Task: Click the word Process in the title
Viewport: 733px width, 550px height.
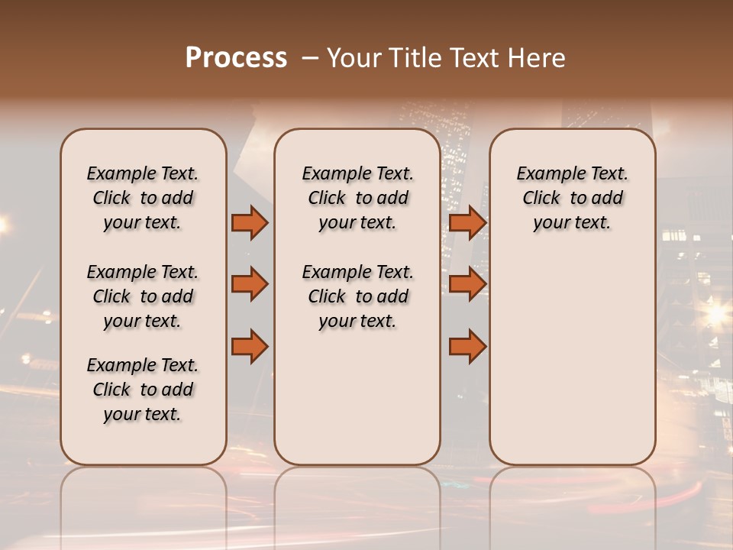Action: [236, 58]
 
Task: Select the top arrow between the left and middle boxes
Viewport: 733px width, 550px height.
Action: [250, 223]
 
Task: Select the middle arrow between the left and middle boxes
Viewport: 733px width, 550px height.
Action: [250, 285]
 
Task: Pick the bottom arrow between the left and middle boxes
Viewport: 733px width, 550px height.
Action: [250, 347]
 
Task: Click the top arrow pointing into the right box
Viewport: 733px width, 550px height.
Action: [467, 223]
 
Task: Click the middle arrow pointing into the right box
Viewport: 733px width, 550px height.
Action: [467, 285]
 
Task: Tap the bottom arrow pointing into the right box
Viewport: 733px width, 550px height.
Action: [467, 347]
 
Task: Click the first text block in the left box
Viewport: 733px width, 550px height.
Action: [143, 198]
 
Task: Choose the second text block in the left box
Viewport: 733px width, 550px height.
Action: [143, 296]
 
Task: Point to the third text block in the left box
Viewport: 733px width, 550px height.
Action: [143, 390]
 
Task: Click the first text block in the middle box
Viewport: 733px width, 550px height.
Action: [357, 198]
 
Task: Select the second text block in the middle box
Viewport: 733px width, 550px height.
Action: [357, 296]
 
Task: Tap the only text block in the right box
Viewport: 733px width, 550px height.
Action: [572, 198]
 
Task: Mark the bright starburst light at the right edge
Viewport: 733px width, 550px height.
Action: [716, 312]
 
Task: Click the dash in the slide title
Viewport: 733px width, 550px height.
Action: [311, 59]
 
